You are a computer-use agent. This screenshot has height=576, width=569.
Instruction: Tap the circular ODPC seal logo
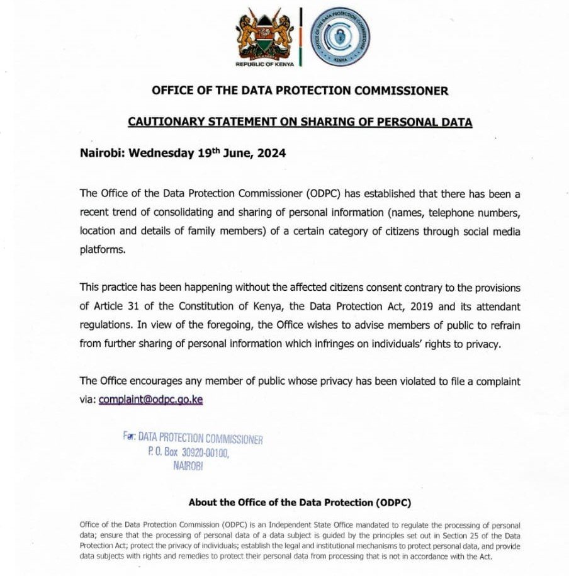point(341,37)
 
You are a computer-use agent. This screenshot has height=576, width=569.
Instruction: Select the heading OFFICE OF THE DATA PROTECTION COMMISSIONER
point(300,91)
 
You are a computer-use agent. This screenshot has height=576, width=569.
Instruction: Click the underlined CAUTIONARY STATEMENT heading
point(300,122)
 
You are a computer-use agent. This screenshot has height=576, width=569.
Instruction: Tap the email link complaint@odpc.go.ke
point(150,399)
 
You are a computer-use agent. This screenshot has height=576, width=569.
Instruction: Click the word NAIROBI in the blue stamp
point(188,466)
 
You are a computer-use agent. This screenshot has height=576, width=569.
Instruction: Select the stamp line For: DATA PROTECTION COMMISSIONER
point(193,439)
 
